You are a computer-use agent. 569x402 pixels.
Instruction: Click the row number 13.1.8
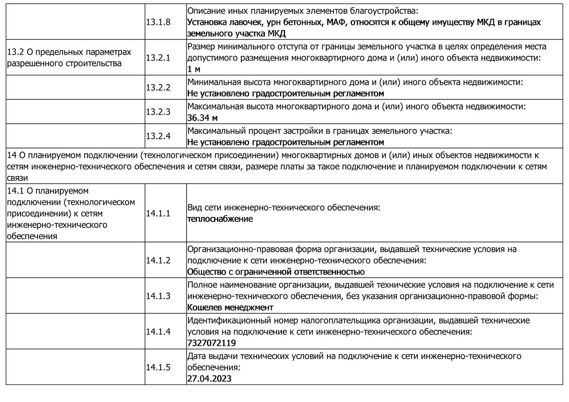click(158, 22)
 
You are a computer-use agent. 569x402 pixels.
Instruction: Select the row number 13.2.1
click(158, 58)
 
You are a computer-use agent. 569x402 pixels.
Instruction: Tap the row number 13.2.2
click(158, 87)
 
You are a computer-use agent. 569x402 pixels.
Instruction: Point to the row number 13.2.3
click(158, 112)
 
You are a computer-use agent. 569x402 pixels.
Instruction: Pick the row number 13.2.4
click(158, 136)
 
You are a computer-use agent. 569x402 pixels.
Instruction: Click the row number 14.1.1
click(158, 213)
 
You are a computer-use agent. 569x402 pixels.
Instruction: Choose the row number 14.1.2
click(158, 260)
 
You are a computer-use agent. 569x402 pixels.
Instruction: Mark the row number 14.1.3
click(158, 296)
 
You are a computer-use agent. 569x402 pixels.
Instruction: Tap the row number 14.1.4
click(158, 332)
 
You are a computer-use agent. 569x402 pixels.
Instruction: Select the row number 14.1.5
click(158, 367)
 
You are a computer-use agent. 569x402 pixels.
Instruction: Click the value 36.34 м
click(202, 118)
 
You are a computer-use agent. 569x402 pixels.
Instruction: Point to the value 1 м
click(193, 69)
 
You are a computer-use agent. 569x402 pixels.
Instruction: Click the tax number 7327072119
click(211, 343)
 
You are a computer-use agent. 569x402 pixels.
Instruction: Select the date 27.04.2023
click(209, 379)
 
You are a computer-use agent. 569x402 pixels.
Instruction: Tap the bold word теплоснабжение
click(220, 219)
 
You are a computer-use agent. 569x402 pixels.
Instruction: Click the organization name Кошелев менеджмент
click(230, 307)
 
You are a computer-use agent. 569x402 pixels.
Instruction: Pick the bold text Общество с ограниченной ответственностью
click(276, 272)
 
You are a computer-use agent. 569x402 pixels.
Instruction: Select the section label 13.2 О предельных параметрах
click(69, 52)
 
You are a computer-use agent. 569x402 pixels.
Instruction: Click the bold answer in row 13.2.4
click(285, 142)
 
